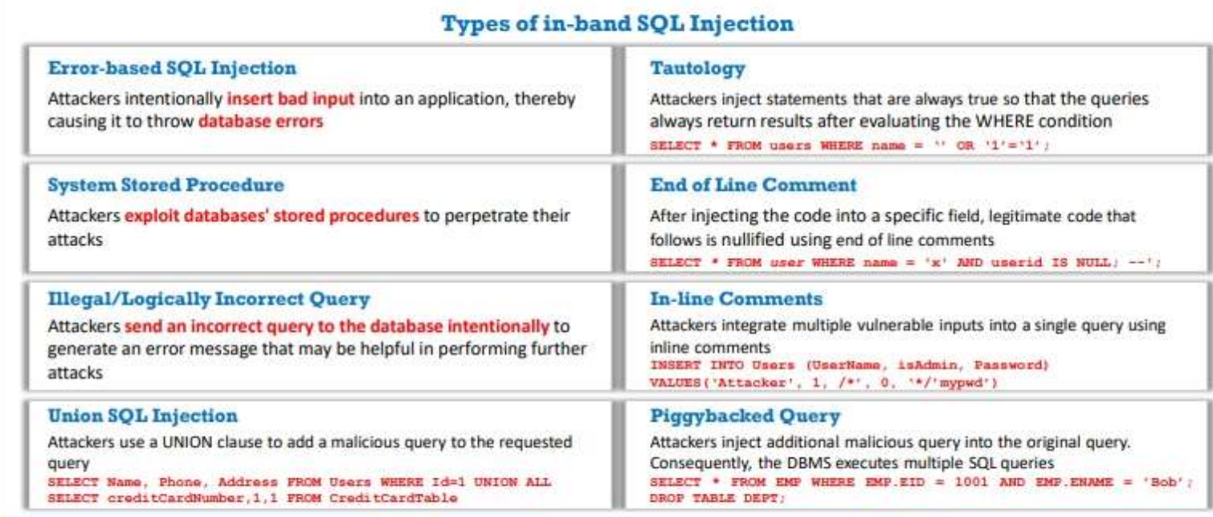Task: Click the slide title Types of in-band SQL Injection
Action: tap(617, 24)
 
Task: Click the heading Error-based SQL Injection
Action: tap(172, 68)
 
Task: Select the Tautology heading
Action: tap(697, 69)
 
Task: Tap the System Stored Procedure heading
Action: tap(165, 185)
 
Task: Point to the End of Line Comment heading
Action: tap(754, 185)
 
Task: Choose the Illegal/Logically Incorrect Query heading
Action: tap(209, 299)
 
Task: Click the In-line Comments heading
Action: tap(736, 298)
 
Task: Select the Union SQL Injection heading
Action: tap(142, 416)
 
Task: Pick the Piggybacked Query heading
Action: tap(745, 416)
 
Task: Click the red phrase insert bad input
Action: tap(290, 99)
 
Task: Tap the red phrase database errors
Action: tap(260, 121)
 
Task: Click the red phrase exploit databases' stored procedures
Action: tap(272, 215)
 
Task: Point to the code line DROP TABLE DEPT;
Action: tap(717, 498)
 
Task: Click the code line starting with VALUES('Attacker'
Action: tap(823, 383)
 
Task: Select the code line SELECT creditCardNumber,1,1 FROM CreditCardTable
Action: tap(252, 498)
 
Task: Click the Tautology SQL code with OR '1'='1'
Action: tap(850, 146)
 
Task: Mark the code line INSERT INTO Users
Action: tap(850, 365)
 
